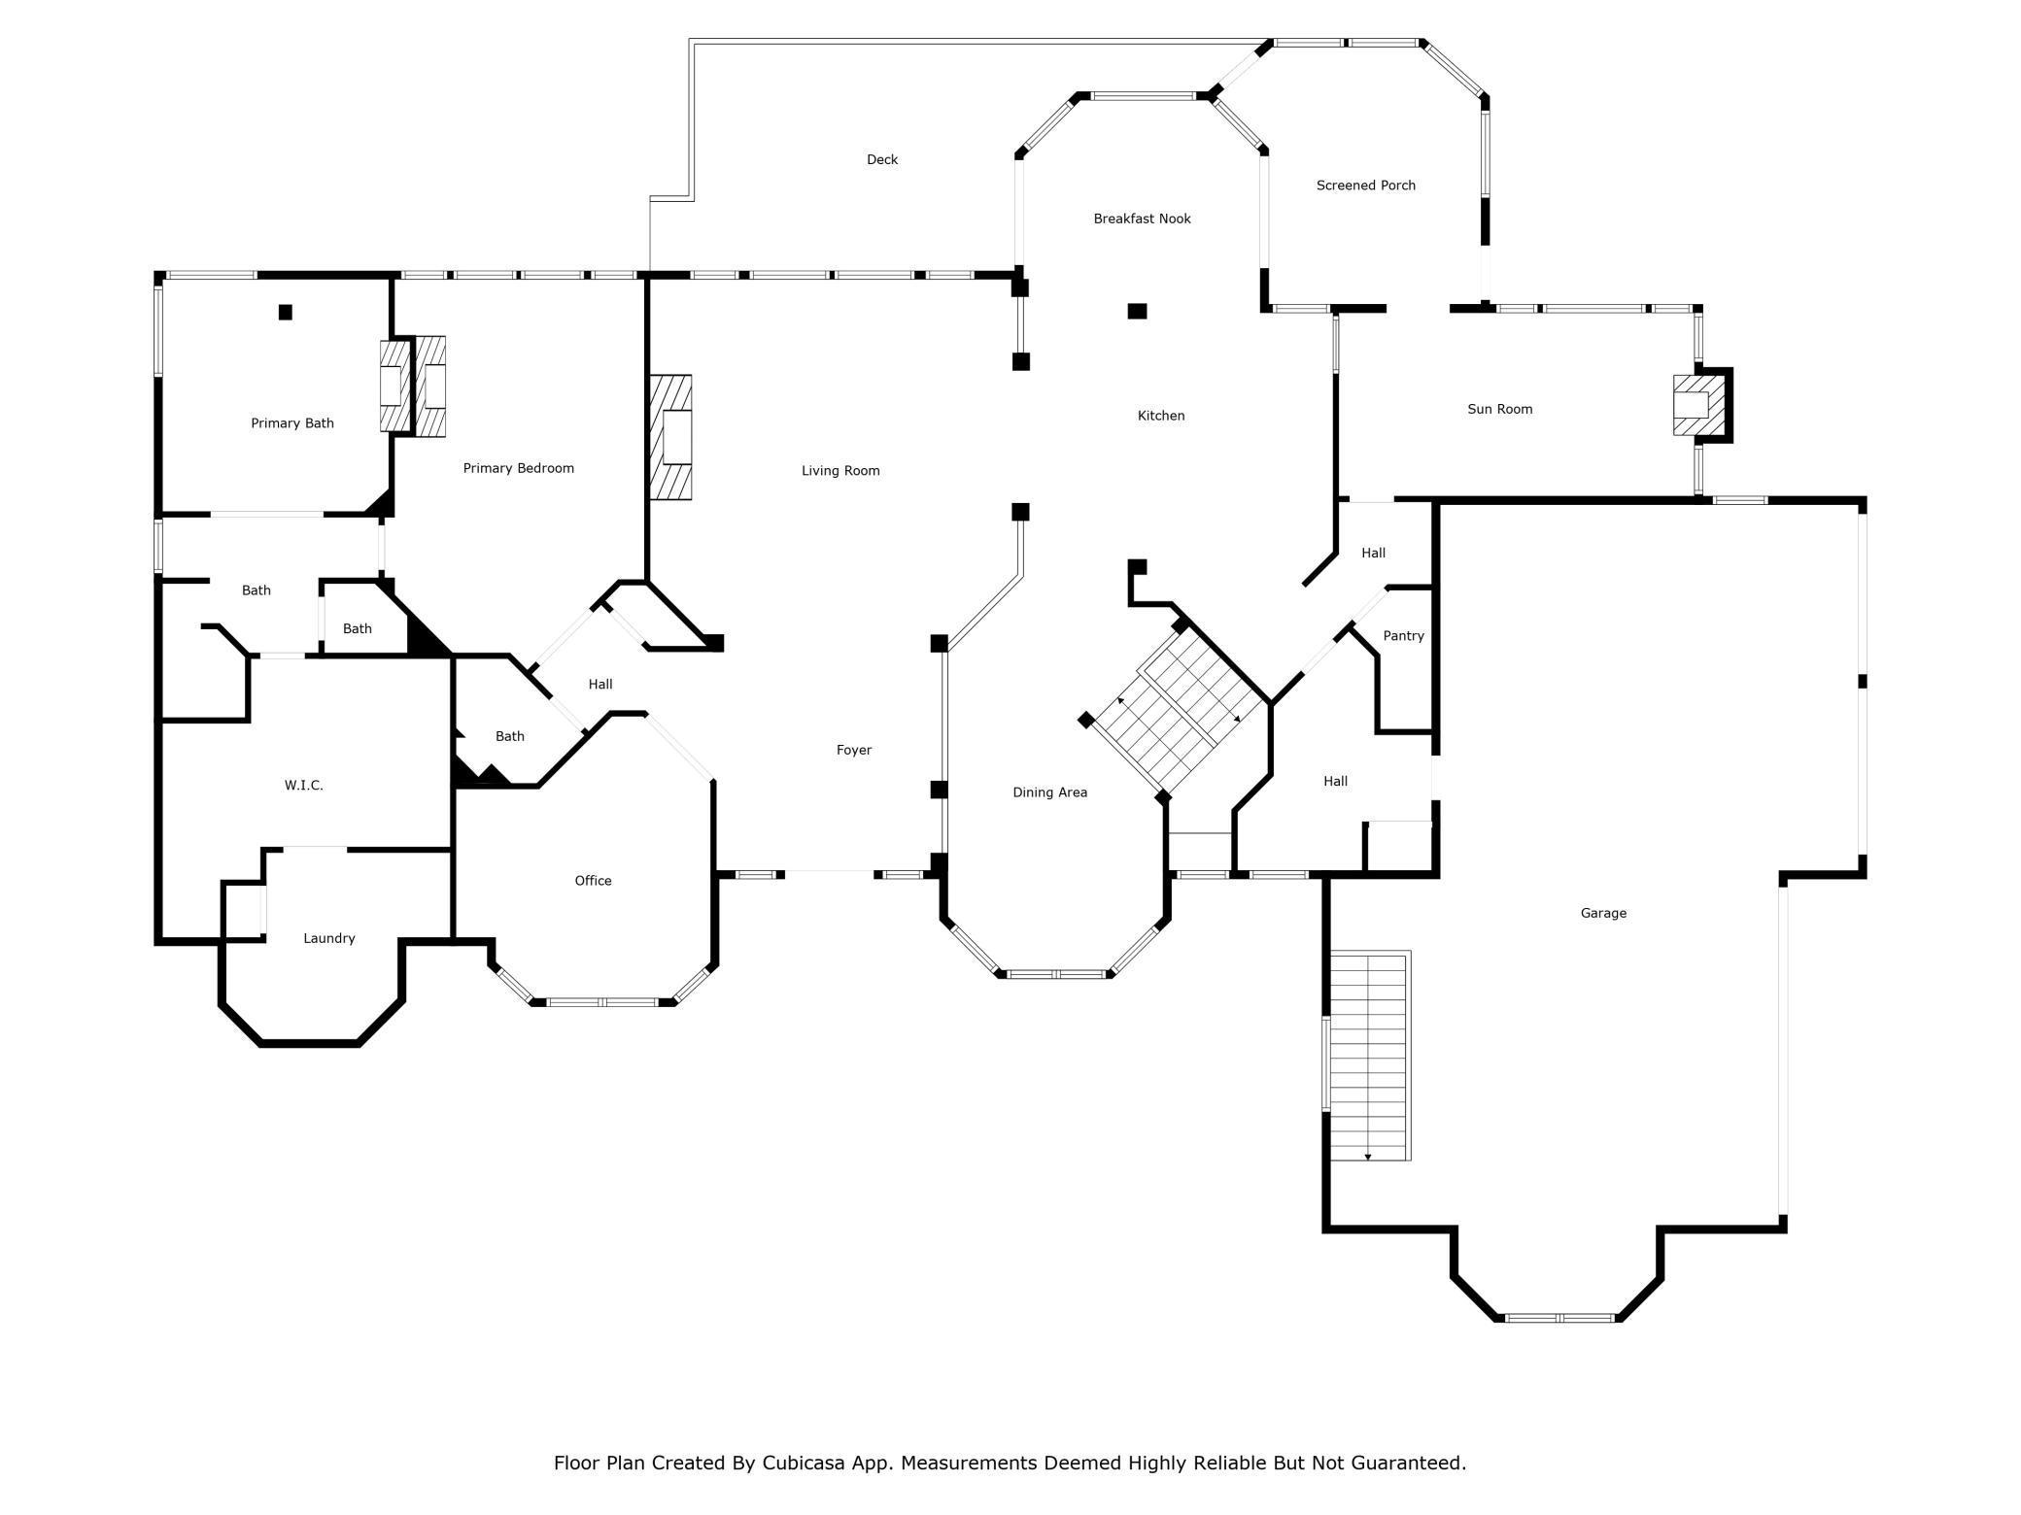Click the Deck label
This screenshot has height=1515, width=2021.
[881, 159]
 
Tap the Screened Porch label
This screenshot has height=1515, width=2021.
[1364, 185]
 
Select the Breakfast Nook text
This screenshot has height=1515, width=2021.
[1141, 219]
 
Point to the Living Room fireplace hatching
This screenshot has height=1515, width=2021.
[670, 437]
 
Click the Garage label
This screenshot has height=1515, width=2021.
[1602, 913]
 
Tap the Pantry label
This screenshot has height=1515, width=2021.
[1402, 636]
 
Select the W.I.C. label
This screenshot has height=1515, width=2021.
[303, 786]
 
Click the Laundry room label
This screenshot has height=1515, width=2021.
[328, 938]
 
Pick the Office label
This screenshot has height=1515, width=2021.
[593, 881]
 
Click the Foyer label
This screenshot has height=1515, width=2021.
[853, 750]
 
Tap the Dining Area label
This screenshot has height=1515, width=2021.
[1049, 792]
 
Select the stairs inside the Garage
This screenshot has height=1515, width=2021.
[1368, 1057]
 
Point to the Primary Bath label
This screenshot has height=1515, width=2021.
[291, 423]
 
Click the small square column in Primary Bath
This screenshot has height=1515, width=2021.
[286, 312]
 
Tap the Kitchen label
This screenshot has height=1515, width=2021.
[1160, 416]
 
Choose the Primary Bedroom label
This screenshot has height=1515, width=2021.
[518, 468]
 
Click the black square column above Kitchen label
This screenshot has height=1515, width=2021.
[1137, 311]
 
